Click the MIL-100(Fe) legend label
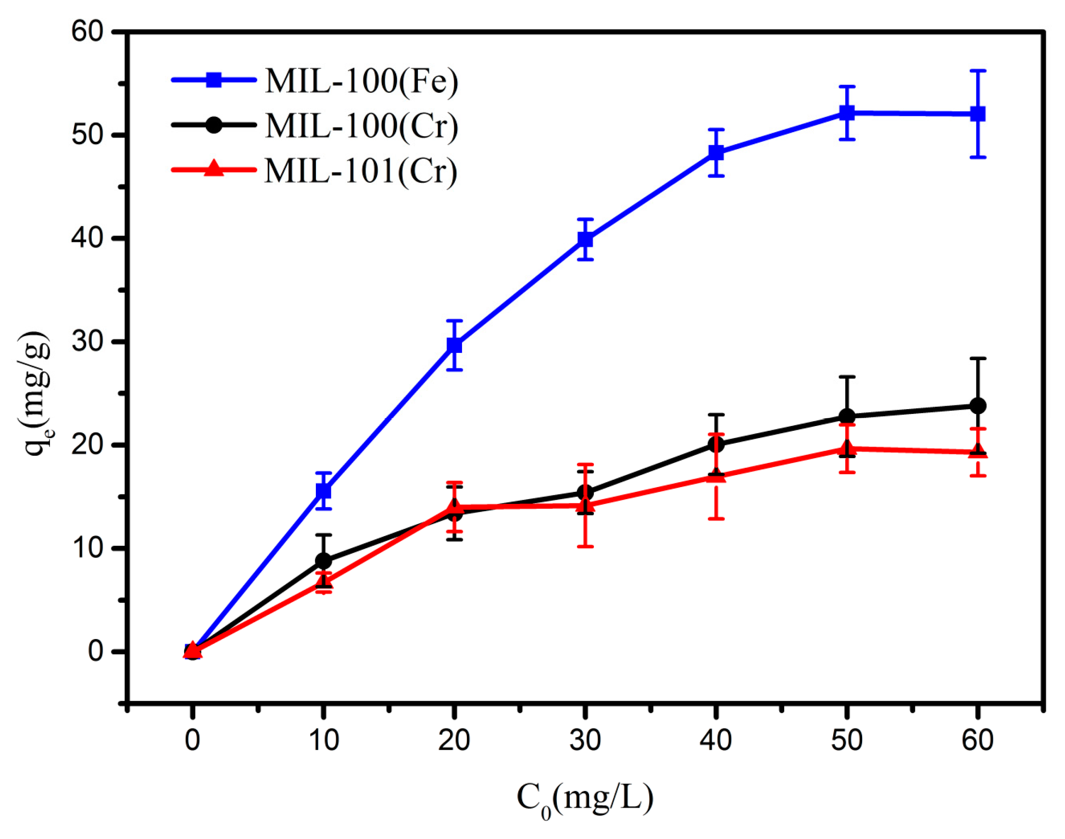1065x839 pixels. pyautogui.click(x=362, y=81)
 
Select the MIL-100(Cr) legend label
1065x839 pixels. pyautogui.click(x=362, y=126)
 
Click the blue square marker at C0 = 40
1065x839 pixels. pyautogui.click(x=716, y=152)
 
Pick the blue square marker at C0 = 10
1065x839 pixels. pyautogui.click(x=323, y=491)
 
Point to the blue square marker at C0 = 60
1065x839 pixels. pyautogui.click(x=977, y=114)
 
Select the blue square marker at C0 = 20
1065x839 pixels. pyautogui.click(x=454, y=345)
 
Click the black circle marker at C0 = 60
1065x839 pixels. pyautogui.click(x=977, y=406)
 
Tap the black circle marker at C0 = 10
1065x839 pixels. pyautogui.click(x=323, y=561)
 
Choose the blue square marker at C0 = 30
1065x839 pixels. pyautogui.click(x=585, y=239)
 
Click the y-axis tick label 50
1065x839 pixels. pyautogui.click(x=88, y=135)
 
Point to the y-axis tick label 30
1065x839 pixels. pyautogui.click(x=88, y=341)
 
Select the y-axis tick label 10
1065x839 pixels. pyautogui.click(x=88, y=548)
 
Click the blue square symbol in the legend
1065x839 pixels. pyautogui.click(x=213, y=80)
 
